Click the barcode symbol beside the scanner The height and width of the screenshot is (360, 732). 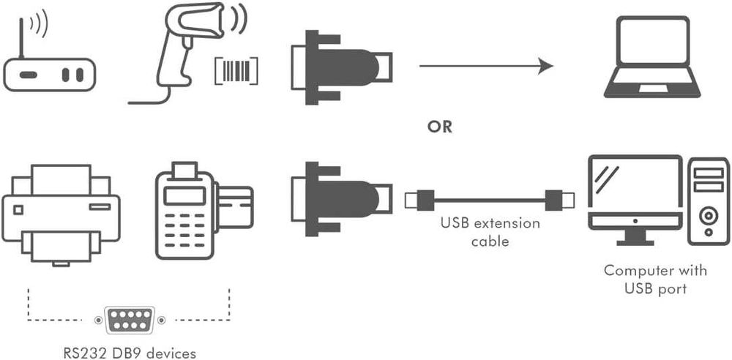point(236,71)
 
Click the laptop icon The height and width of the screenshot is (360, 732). point(652,59)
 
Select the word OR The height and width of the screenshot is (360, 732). point(440,127)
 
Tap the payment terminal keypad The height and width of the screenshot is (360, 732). point(184,228)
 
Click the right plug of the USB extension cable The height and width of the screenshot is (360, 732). point(560,198)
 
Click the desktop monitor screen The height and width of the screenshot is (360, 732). point(634,186)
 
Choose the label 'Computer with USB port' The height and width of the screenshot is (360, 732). point(655,280)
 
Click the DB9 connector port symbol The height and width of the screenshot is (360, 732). point(128,320)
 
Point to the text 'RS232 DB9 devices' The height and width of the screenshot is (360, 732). point(128,353)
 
